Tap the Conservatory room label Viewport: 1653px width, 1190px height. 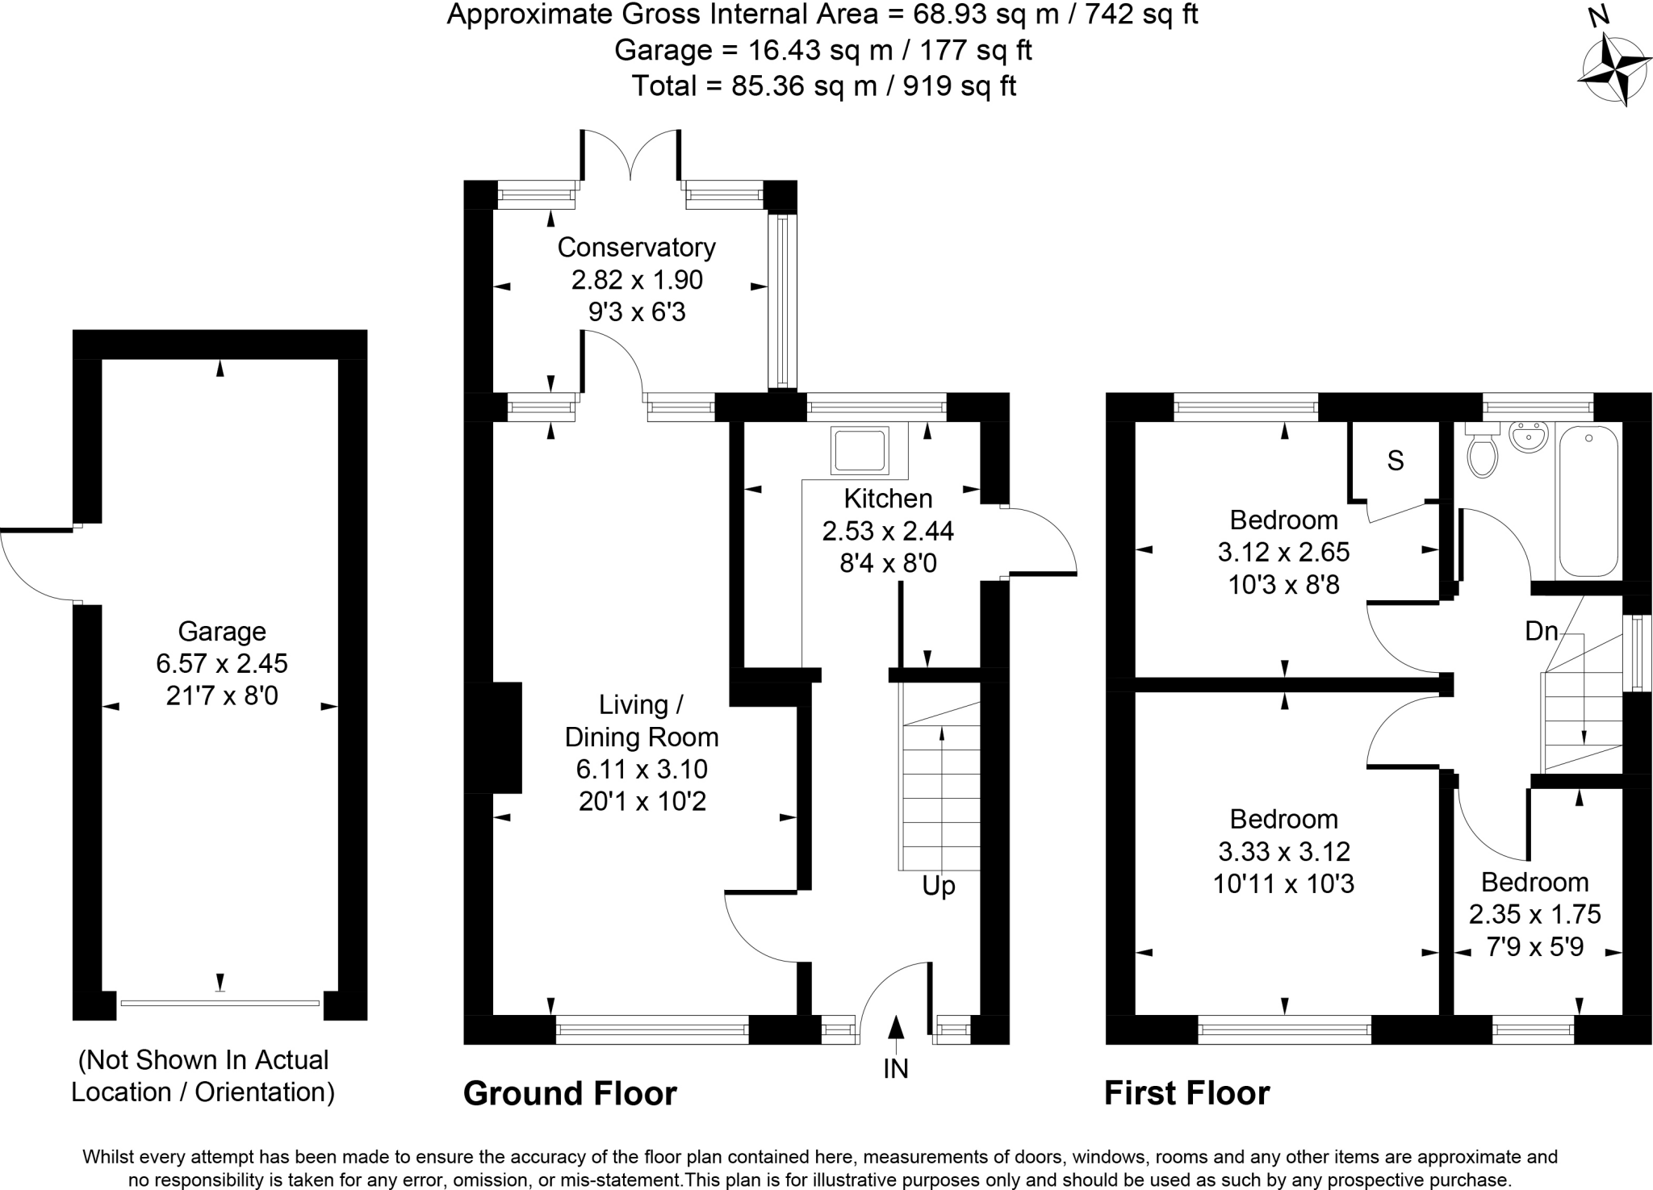point(636,247)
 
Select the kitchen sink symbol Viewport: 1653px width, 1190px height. point(860,450)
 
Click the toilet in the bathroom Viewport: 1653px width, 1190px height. point(1482,453)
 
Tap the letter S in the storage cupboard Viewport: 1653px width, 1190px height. point(1396,461)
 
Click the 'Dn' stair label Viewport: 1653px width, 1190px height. point(1541,631)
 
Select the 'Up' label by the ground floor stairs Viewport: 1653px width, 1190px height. point(939,886)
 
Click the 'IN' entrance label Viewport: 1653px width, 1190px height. point(896,1069)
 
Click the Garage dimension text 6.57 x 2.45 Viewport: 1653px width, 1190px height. point(222,663)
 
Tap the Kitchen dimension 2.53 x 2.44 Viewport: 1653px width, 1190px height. point(888,531)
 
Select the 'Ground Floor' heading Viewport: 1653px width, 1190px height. point(570,1094)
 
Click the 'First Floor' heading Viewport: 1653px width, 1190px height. point(1186,1094)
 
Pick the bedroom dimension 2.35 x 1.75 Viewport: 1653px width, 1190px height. point(1534,914)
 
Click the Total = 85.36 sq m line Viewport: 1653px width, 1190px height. point(823,86)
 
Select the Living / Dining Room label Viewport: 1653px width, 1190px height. point(641,720)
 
